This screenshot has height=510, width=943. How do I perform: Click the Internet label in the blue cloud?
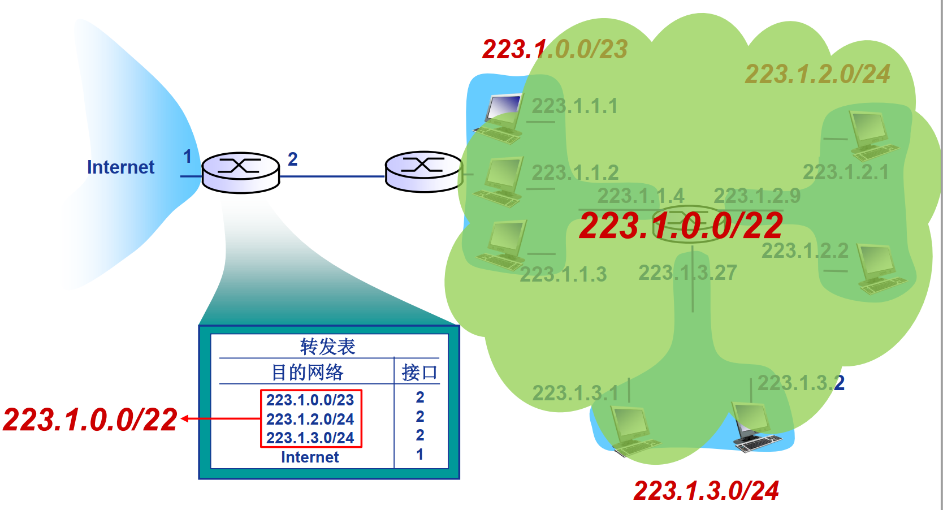120,167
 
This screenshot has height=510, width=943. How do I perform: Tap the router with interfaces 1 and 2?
241,172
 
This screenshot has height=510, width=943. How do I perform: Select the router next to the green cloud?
423,171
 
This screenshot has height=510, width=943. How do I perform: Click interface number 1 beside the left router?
188,157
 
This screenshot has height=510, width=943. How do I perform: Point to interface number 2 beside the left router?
292,159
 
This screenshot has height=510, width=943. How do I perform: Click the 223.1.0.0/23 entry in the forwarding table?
310,400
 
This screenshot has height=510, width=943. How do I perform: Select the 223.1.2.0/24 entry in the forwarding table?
310,419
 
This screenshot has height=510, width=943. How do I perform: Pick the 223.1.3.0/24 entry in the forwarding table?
310,438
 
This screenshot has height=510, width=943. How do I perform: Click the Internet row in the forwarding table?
310,457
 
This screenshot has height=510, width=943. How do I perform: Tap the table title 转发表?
327,346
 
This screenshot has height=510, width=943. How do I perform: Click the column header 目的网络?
307,372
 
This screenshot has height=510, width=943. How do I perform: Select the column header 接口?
419,372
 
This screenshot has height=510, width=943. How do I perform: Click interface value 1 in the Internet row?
419,454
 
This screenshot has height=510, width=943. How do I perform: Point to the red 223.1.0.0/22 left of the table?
90,420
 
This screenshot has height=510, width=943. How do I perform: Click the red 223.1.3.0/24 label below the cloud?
706,490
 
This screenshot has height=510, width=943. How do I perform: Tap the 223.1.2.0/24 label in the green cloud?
817,74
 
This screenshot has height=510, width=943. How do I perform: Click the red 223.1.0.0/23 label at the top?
555,49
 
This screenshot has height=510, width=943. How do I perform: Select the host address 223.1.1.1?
574,106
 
